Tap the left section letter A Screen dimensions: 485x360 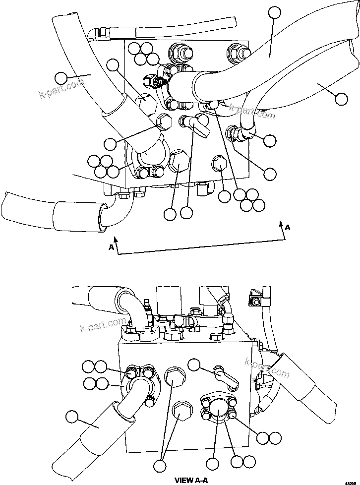(x=112, y=246)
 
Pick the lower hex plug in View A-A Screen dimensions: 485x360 (x=180, y=411)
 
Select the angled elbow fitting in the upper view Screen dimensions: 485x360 (x=196, y=124)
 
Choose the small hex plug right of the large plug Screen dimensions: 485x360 (x=219, y=164)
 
